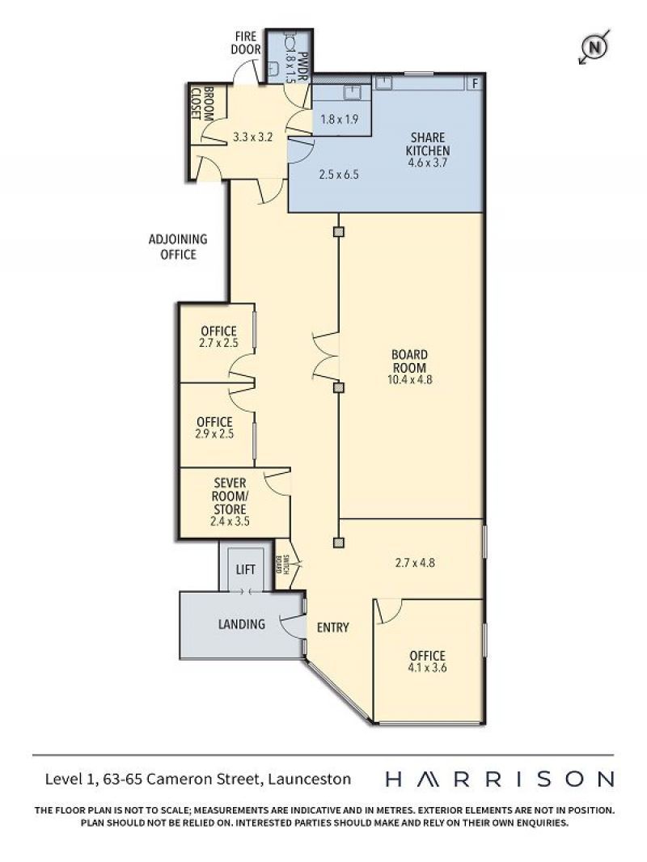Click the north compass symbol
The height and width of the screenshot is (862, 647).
coord(594,47)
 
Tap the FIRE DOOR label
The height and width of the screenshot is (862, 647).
coord(246,43)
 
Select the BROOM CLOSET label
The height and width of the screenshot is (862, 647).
coord(201,104)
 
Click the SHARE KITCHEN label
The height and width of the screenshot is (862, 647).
coord(427,143)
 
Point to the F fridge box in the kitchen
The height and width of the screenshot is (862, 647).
coord(475,83)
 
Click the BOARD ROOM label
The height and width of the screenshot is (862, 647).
coord(409,361)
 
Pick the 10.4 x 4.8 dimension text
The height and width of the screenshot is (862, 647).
coord(409,379)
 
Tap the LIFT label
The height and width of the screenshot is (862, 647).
coord(245,569)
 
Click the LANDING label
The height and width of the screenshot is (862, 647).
coord(241,624)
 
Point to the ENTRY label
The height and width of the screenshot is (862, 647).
coord(332,627)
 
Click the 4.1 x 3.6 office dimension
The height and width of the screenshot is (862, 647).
coord(427,668)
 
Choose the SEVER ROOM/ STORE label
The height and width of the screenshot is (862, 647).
coord(230,496)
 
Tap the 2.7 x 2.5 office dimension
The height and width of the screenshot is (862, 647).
coord(218,343)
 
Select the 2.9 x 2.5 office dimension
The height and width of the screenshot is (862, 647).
coord(214,433)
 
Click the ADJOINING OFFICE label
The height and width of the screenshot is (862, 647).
coord(178,247)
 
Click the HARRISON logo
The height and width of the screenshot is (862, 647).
coord(500,779)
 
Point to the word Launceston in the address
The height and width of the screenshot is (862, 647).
coord(310,779)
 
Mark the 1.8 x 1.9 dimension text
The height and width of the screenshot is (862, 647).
coord(339,119)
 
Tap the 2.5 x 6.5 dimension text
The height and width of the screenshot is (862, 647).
coord(339,175)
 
